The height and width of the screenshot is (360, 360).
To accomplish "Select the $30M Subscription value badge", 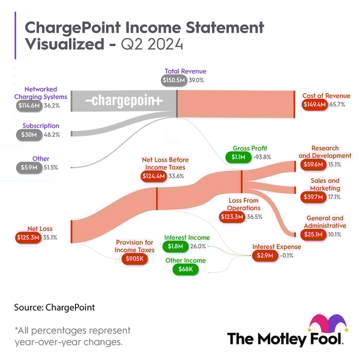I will point(27,135).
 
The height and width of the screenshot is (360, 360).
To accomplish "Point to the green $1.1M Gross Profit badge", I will point(237,157).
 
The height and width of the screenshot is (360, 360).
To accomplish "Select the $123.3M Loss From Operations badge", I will point(233,217).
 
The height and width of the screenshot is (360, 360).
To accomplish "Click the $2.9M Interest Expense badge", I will point(263,256).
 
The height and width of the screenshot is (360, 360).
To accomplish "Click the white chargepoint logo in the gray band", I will point(123,101).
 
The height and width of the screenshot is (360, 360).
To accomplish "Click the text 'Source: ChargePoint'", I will point(55,308).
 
